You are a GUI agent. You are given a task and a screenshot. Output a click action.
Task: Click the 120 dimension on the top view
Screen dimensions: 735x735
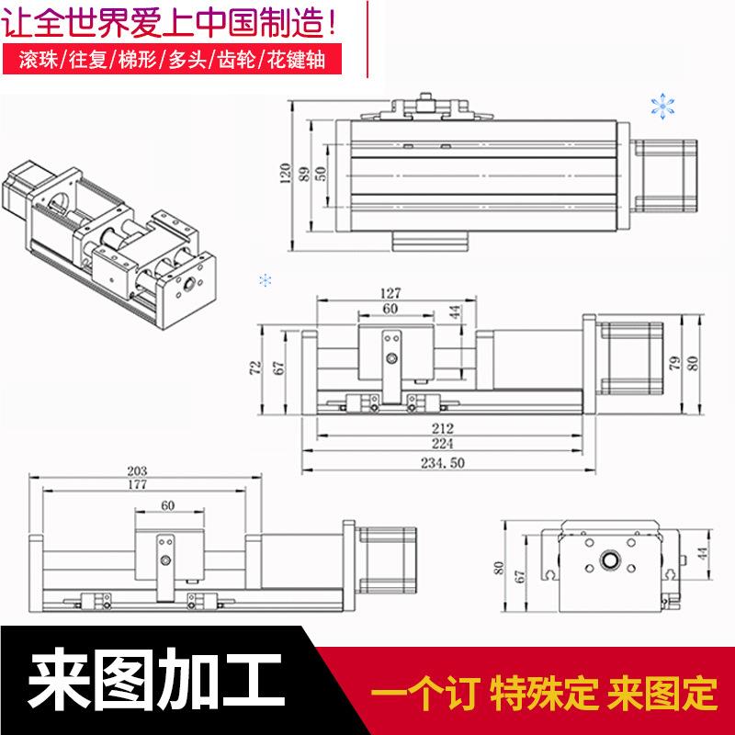(285, 175)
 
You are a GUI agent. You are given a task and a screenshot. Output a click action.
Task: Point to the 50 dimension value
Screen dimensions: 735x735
(322, 175)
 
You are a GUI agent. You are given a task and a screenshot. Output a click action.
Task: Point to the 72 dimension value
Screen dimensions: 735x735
(255, 367)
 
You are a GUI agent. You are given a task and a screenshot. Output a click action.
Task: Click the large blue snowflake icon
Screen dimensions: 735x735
(661, 106)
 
